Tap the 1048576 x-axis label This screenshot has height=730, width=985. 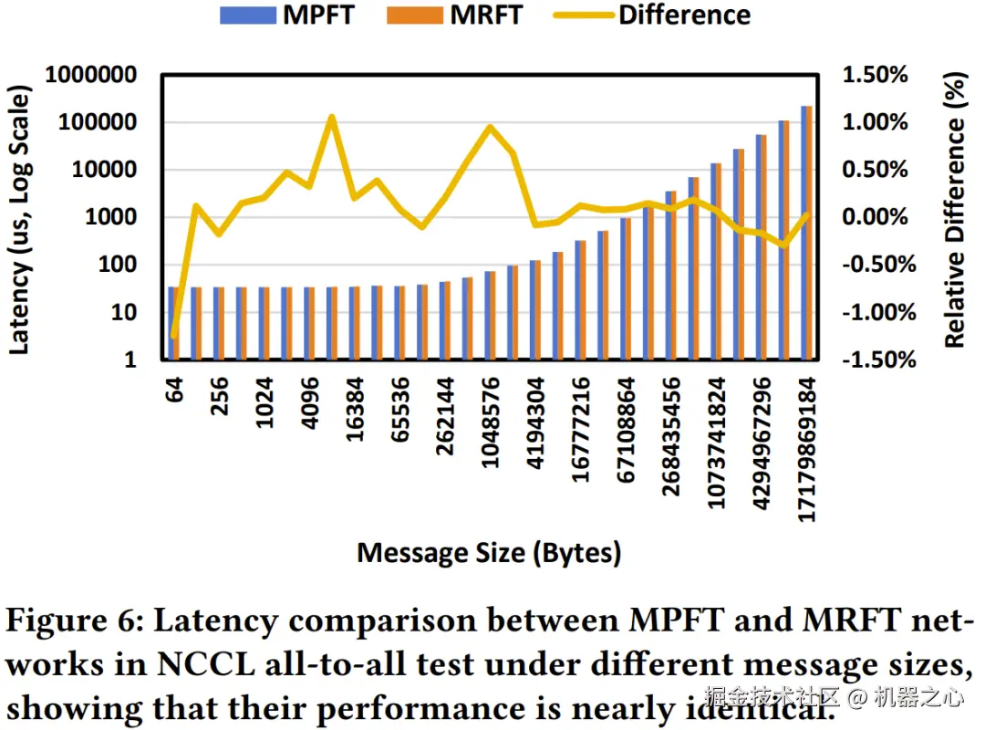491,422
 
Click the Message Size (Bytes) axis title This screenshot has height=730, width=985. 489,552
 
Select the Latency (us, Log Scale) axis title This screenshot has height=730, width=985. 20,219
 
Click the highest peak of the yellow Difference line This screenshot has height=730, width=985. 332,117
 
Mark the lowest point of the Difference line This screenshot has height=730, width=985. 173,336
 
